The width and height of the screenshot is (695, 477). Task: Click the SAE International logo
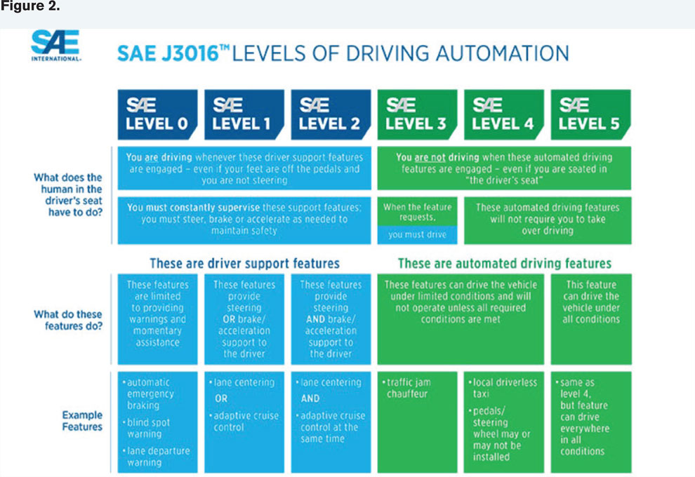[55, 45]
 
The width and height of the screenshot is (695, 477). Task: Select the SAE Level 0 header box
[157, 115]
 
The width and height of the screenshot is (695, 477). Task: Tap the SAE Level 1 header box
[244, 115]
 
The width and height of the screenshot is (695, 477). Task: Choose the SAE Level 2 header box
[331, 115]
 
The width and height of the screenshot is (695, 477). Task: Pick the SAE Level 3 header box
[417, 115]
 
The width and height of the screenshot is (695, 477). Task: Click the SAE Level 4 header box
[504, 115]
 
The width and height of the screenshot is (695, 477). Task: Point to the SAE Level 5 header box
[591, 115]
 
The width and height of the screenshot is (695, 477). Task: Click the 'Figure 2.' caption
[29, 6]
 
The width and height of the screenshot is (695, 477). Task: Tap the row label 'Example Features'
[82, 421]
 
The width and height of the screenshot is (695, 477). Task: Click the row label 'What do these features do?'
[68, 320]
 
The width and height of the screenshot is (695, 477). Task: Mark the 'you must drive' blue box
[417, 235]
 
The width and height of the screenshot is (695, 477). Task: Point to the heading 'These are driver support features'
[245, 264]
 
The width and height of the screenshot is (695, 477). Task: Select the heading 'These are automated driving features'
[505, 264]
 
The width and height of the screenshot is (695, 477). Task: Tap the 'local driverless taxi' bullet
[503, 388]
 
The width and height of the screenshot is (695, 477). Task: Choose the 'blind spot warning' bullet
[146, 429]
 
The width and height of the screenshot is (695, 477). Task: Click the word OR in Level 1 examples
[221, 398]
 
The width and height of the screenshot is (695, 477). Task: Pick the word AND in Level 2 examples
[310, 398]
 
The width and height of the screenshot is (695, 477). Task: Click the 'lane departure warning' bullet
[156, 457]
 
